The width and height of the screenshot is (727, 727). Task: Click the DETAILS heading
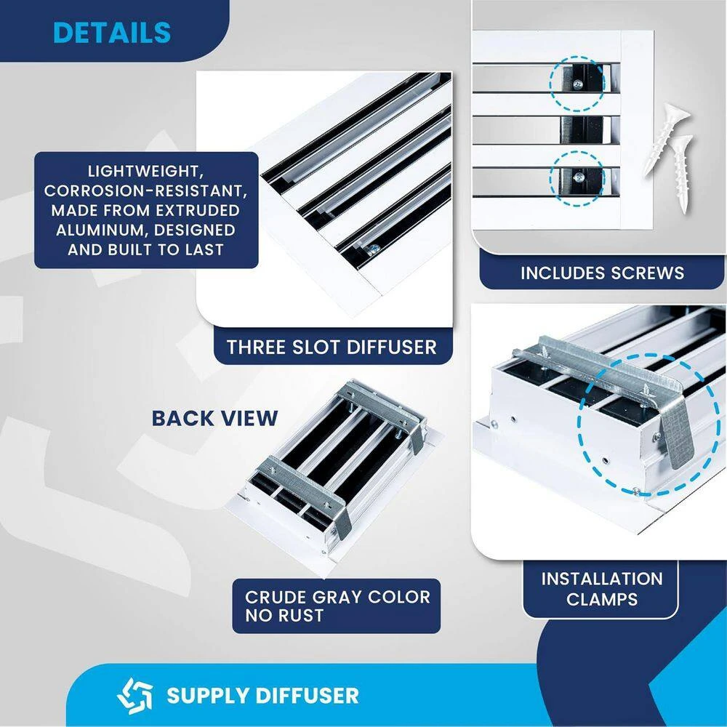[x=112, y=33]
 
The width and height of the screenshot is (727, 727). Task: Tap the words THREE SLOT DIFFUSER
[x=332, y=347]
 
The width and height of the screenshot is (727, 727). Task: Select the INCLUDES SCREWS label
[x=602, y=273]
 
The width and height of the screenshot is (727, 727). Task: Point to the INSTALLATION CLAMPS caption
[x=602, y=589]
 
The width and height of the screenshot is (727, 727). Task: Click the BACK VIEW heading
[x=214, y=418]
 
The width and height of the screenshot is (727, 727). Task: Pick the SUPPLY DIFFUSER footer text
[x=262, y=695]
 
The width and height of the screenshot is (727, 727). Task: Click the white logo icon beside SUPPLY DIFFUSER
[x=134, y=694]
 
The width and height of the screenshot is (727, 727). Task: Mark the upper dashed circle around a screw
[x=577, y=84]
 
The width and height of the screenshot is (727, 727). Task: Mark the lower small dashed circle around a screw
[x=577, y=177]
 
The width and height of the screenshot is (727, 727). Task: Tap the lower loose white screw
[x=681, y=172]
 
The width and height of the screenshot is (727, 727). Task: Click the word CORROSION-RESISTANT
[x=146, y=191]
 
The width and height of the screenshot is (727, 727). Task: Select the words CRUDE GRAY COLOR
[x=337, y=598]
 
